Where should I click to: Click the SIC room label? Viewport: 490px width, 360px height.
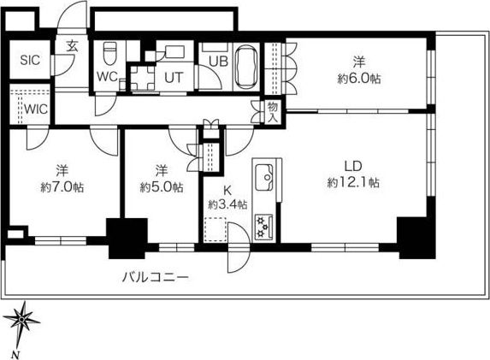point(30,60)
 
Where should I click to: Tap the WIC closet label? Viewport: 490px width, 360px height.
point(36,109)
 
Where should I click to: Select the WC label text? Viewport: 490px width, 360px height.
point(107,77)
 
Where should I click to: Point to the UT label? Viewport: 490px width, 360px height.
point(174,78)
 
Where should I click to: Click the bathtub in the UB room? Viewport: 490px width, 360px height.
point(246,68)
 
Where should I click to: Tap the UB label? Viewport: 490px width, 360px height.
point(218,62)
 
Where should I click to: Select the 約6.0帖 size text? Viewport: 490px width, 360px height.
point(359,79)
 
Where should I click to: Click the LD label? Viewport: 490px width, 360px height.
point(353,166)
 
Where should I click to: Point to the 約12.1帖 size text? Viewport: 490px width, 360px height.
point(353,182)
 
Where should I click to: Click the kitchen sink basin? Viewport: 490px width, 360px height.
point(264,178)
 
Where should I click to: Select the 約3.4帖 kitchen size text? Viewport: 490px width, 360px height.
point(227,204)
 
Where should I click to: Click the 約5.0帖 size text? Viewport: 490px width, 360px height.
point(162,187)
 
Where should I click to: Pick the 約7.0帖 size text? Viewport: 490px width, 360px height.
point(62,187)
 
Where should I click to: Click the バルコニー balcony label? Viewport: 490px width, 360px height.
point(156,277)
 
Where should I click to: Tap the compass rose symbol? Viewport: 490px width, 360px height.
point(21,320)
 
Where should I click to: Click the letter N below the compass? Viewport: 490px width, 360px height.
point(16,355)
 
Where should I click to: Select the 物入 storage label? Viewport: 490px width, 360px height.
point(273,112)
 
